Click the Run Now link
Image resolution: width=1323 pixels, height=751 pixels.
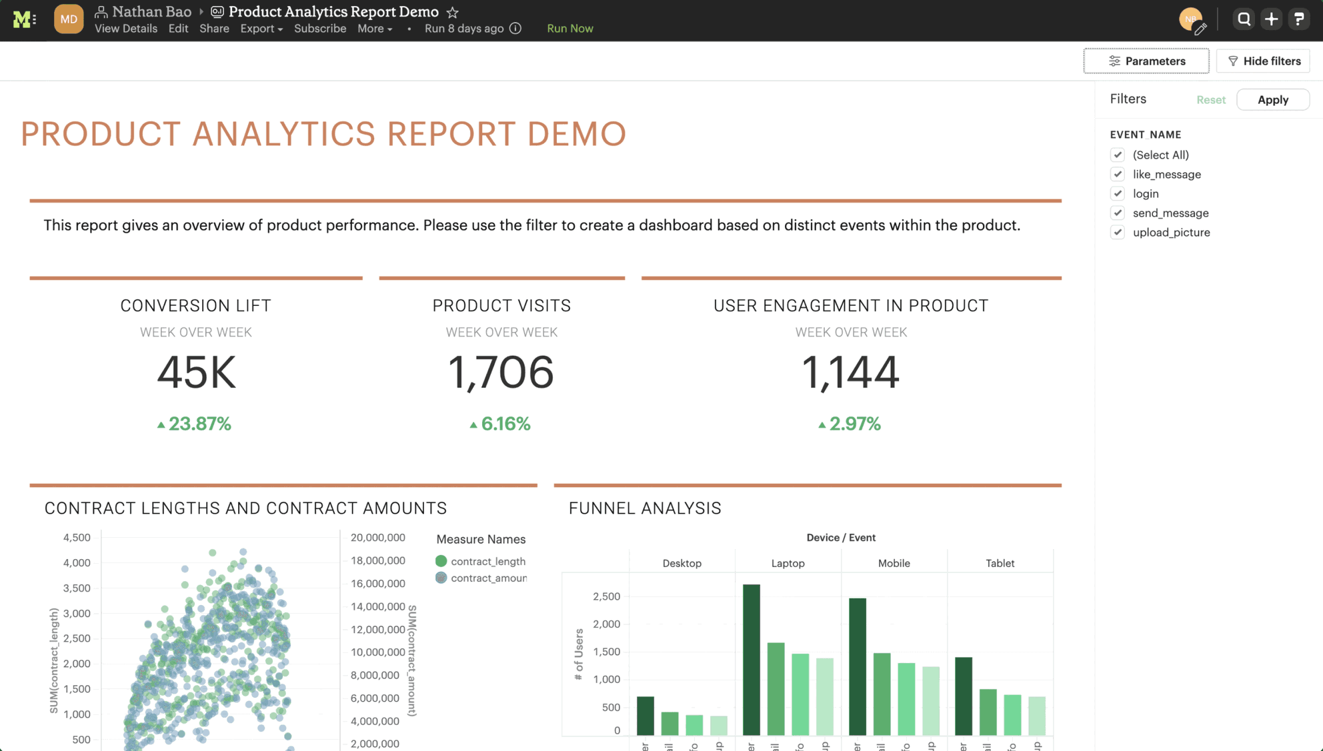click(569, 29)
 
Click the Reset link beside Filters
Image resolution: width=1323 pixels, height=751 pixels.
click(1210, 100)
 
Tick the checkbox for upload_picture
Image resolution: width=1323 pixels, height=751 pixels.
click(1118, 233)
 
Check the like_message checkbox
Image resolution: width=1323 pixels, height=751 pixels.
click(1118, 175)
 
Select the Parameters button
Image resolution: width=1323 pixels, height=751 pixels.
click(1146, 61)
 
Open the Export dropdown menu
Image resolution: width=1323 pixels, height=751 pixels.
click(261, 29)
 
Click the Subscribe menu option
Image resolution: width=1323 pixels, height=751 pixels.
click(320, 29)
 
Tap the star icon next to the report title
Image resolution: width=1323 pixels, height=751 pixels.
click(453, 13)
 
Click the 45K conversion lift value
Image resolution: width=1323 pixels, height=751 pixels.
click(196, 372)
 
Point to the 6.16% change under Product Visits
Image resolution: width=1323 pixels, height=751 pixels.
click(500, 424)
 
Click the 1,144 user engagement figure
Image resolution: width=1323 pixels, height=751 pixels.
click(850, 372)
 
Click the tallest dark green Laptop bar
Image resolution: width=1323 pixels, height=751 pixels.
click(751, 660)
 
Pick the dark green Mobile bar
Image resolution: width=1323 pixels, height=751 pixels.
click(857, 666)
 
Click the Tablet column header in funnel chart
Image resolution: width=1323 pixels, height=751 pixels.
click(999, 563)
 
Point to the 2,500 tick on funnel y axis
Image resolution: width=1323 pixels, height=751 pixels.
click(606, 596)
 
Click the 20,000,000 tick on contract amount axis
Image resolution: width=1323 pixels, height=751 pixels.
click(377, 538)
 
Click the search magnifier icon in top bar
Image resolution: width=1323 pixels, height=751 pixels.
click(1244, 19)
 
